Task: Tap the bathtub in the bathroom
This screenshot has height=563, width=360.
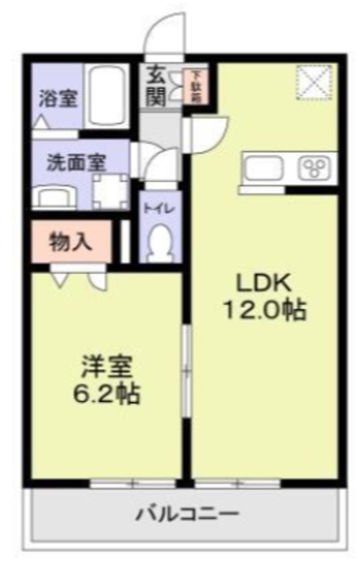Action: (x=107, y=97)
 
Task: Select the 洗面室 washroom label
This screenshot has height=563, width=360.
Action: (x=77, y=162)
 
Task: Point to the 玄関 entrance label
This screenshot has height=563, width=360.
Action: (x=156, y=86)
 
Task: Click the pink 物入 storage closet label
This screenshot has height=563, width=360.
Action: (x=71, y=240)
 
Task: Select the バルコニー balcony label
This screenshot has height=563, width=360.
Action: (x=187, y=514)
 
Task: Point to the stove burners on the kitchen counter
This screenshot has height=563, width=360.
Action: (x=312, y=168)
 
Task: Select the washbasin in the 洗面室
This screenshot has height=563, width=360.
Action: (x=55, y=195)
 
